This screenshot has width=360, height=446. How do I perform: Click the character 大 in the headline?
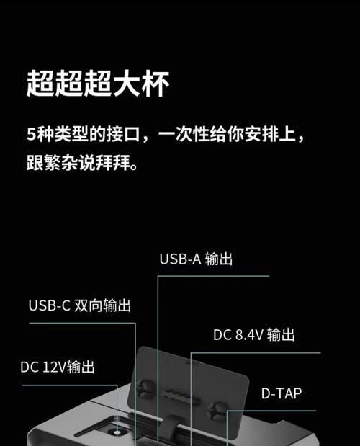(127, 83)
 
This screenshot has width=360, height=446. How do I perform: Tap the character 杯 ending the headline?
(156, 83)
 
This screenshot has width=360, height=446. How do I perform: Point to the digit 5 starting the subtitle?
(31, 134)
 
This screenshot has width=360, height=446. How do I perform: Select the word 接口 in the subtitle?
(123, 134)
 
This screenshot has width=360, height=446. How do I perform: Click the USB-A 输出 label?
(196, 259)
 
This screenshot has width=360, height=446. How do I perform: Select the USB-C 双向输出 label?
(80, 305)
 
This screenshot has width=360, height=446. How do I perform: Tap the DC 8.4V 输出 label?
(254, 334)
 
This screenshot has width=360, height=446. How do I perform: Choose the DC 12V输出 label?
(58, 367)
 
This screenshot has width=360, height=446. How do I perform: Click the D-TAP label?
(282, 393)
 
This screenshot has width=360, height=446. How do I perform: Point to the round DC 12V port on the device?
(117, 432)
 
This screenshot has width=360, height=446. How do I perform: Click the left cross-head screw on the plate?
(145, 388)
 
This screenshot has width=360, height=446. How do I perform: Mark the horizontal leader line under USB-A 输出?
(213, 276)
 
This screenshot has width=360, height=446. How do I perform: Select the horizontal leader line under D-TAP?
(271, 411)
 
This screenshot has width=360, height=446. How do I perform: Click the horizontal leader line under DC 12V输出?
(70, 385)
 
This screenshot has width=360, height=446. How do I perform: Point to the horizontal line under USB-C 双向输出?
(82, 323)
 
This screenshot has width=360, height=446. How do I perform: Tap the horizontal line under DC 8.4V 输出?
(256, 353)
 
